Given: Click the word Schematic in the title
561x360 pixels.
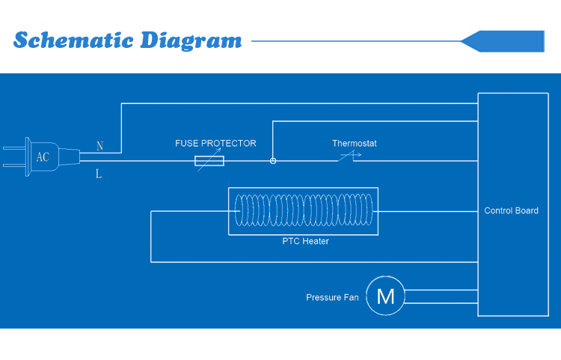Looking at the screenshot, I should pos(70,40).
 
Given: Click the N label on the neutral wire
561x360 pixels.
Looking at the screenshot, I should pos(99,145).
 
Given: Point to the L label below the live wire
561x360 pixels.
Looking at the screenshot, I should pos(99,174).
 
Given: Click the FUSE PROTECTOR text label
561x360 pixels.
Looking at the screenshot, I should pos(215,143).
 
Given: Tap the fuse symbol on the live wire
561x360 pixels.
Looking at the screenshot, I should pos(209,161).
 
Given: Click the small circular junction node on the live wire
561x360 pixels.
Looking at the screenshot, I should pos(273,161).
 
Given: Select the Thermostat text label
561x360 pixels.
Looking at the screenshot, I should pos(355,143).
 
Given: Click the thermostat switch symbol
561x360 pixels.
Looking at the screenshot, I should pos(349,156).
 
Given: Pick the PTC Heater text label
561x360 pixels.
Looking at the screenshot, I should pos(305,241).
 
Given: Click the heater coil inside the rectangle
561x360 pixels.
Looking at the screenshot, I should pos(303,211).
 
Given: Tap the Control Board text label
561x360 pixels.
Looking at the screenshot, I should pos(512,210).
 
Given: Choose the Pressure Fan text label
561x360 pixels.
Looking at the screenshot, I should pos(332,297).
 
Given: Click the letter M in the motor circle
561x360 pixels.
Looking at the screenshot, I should pos(385,296).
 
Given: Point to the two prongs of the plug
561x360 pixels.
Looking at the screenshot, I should pos(14,156).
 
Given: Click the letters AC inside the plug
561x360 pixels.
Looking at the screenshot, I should pos(43,157).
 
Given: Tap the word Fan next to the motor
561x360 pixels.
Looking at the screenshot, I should pos(351,297).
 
